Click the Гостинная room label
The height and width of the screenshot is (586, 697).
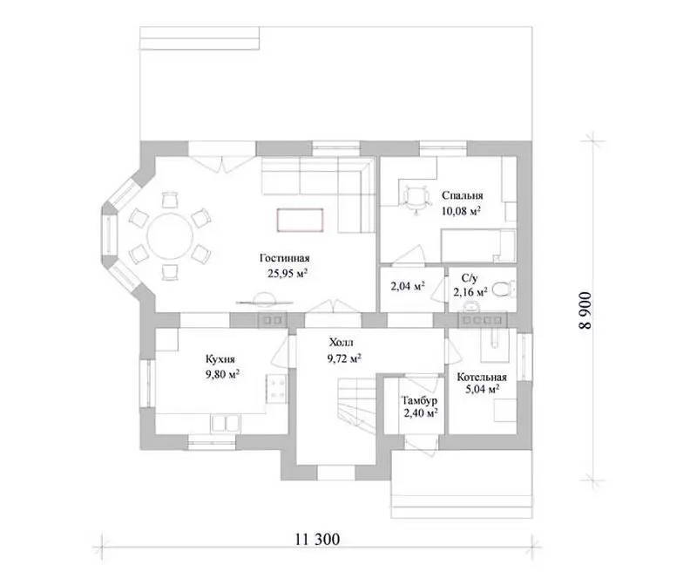pyautogui.click(x=285, y=258)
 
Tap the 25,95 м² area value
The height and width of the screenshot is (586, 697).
pyautogui.click(x=288, y=273)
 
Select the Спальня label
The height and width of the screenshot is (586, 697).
pyautogui.click(x=463, y=196)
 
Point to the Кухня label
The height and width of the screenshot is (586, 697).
pyautogui.click(x=220, y=359)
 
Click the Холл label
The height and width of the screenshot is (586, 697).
pyautogui.click(x=342, y=343)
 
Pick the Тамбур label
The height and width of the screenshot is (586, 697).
pyautogui.click(x=419, y=400)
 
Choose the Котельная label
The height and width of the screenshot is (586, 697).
pyautogui.click(x=482, y=378)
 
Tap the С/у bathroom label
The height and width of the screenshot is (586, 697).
pyautogui.click(x=470, y=279)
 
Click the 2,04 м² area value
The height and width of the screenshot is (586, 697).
pyautogui.click(x=408, y=286)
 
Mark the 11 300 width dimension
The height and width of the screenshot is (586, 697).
pyautogui.click(x=317, y=539)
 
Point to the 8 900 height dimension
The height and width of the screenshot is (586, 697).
pyautogui.click(x=585, y=310)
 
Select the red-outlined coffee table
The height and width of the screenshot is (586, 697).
pyautogui.click(x=300, y=220)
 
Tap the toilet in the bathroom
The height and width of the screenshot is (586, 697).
pyautogui.click(x=504, y=290)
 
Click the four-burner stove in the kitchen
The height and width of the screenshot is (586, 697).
pyautogui.click(x=277, y=389)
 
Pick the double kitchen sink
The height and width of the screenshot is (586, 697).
pyautogui.click(x=226, y=423)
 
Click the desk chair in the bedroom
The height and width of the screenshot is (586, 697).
pyautogui.click(x=416, y=199)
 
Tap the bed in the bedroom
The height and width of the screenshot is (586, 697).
pyautogui.click(x=477, y=246)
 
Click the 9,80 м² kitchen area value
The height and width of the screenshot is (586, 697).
pyautogui.click(x=222, y=374)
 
